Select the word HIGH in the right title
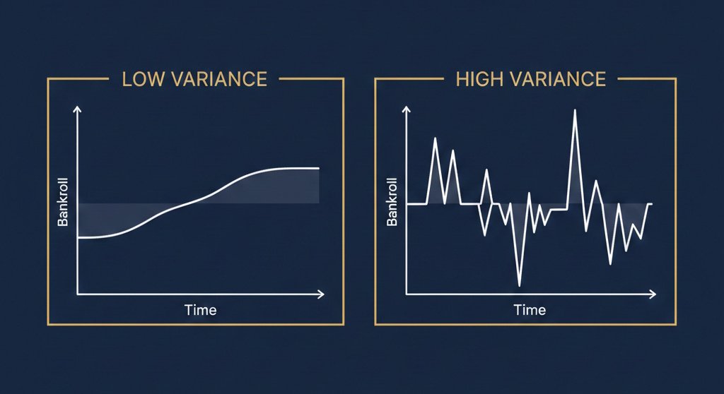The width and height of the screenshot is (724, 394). pyautogui.click(x=476, y=78)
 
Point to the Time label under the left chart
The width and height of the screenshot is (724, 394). pyautogui.click(x=200, y=310)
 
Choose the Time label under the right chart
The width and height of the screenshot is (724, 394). pyautogui.click(x=530, y=310)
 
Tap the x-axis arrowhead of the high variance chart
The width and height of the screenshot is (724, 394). pyautogui.click(x=650, y=293)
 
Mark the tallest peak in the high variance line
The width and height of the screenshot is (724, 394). pyautogui.click(x=574, y=111)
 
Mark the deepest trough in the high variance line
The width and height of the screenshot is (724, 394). pyautogui.click(x=520, y=285)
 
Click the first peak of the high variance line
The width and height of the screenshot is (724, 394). pyautogui.click(x=435, y=138)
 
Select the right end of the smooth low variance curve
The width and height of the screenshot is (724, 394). pyautogui.click(x=319, y=168)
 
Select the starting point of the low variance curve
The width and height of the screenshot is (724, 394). pyautogui.click(x=78, y=238)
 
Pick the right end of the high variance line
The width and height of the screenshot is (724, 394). pyautogui.click(x=650, y=203)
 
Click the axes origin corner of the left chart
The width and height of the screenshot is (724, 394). pyautogui.click(x=78, y=293)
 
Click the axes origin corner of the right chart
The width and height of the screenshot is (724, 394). pyautogui.click(x=407, y=293)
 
